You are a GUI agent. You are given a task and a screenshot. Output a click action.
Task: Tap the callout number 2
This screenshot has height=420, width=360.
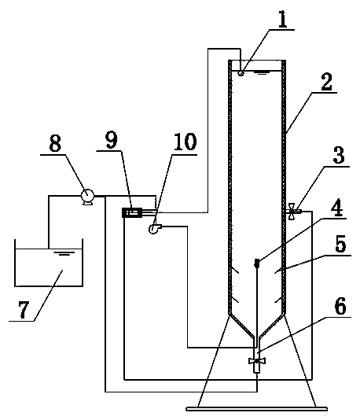326,82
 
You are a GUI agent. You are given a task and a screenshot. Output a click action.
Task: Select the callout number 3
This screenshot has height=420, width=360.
339,155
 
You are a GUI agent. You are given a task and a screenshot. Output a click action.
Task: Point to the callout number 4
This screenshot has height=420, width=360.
336,208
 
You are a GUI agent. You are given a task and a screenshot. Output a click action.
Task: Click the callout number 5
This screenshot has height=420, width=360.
340,244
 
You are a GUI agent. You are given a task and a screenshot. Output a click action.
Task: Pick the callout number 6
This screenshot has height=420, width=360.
340,306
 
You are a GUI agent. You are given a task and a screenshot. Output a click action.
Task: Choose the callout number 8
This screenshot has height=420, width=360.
55,144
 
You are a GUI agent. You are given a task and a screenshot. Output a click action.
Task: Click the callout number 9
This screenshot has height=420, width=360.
112,139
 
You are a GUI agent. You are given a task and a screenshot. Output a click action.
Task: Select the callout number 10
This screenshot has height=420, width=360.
186,141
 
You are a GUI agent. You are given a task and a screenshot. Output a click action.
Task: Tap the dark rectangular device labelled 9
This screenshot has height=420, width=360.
132,212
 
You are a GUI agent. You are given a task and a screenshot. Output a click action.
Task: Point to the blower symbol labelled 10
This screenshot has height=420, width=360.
155,228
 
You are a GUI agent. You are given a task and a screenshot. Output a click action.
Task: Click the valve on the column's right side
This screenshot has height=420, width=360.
292,212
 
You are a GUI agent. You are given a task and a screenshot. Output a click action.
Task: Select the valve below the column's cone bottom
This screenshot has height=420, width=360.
257,361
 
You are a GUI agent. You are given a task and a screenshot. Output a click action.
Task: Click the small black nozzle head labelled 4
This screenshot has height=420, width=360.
257,263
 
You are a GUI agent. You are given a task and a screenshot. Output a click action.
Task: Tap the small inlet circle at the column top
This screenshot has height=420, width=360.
241,73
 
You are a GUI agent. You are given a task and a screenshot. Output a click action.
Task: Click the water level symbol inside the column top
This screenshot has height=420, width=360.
262,72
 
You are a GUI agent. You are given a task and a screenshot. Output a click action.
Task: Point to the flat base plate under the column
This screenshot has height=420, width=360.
257,409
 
